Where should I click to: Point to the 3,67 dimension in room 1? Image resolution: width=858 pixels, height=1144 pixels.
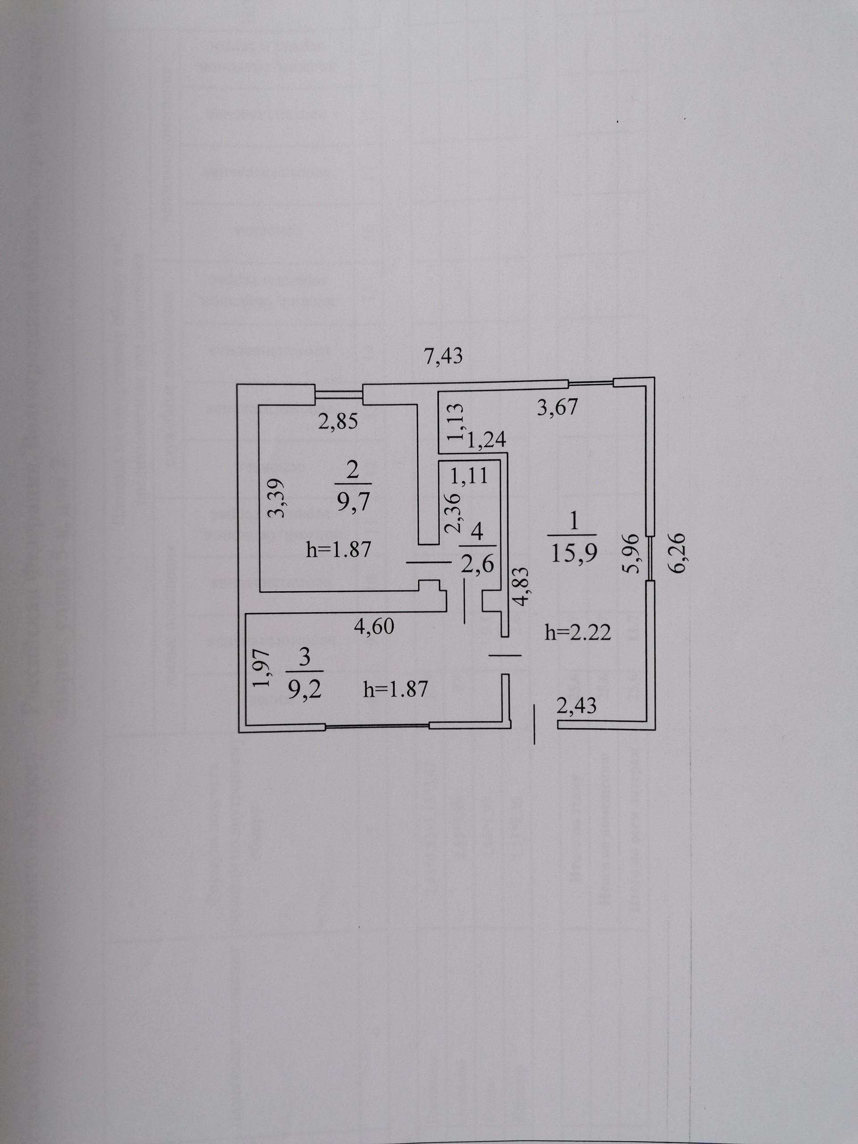coord(556,408)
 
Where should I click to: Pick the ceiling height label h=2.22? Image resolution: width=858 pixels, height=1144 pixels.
coord(578,632)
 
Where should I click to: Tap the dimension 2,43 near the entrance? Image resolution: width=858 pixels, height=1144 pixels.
coord(576,706)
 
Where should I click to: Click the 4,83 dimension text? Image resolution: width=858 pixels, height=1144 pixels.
coord(521,586)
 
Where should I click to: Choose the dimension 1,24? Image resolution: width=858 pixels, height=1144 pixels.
coord(486,441)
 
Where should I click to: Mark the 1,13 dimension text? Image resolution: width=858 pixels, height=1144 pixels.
coord(457,422)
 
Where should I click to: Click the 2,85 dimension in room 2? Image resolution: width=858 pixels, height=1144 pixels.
coord(338,422)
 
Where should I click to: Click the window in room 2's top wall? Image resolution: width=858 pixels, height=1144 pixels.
coord(339,395)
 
